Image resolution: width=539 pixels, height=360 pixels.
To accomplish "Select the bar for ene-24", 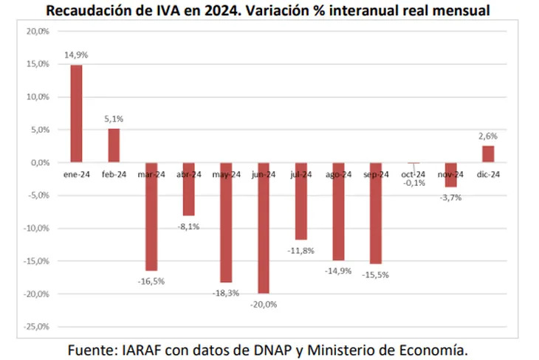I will point(76,113).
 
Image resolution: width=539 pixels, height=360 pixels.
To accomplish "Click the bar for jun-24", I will point(264,228).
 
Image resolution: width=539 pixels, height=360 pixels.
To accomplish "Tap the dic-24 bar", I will point(488,153).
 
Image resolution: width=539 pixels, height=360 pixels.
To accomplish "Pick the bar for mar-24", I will point(151,216).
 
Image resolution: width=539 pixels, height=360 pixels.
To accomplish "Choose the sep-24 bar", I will point(376,213).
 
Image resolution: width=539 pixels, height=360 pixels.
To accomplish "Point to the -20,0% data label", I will point(264,304).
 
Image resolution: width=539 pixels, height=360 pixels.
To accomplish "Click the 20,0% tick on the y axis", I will point(37,32).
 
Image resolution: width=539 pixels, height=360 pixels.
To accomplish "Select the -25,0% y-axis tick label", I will point(35,327).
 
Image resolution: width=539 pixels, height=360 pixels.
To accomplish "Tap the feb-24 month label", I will point(114,174).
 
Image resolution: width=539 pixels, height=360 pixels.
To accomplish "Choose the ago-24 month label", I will point(338,174).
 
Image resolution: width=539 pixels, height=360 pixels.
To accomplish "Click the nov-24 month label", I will point(450,174).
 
